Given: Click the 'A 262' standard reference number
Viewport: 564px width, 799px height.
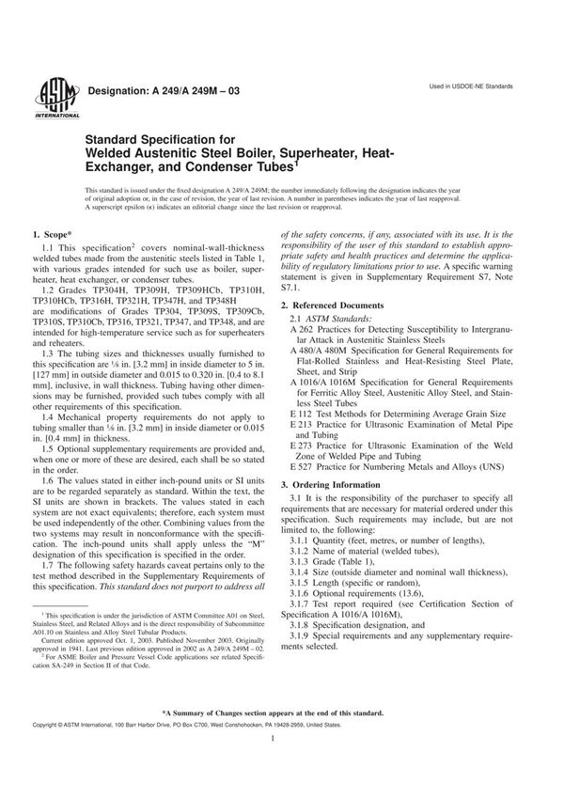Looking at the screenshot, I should point(301,333).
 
